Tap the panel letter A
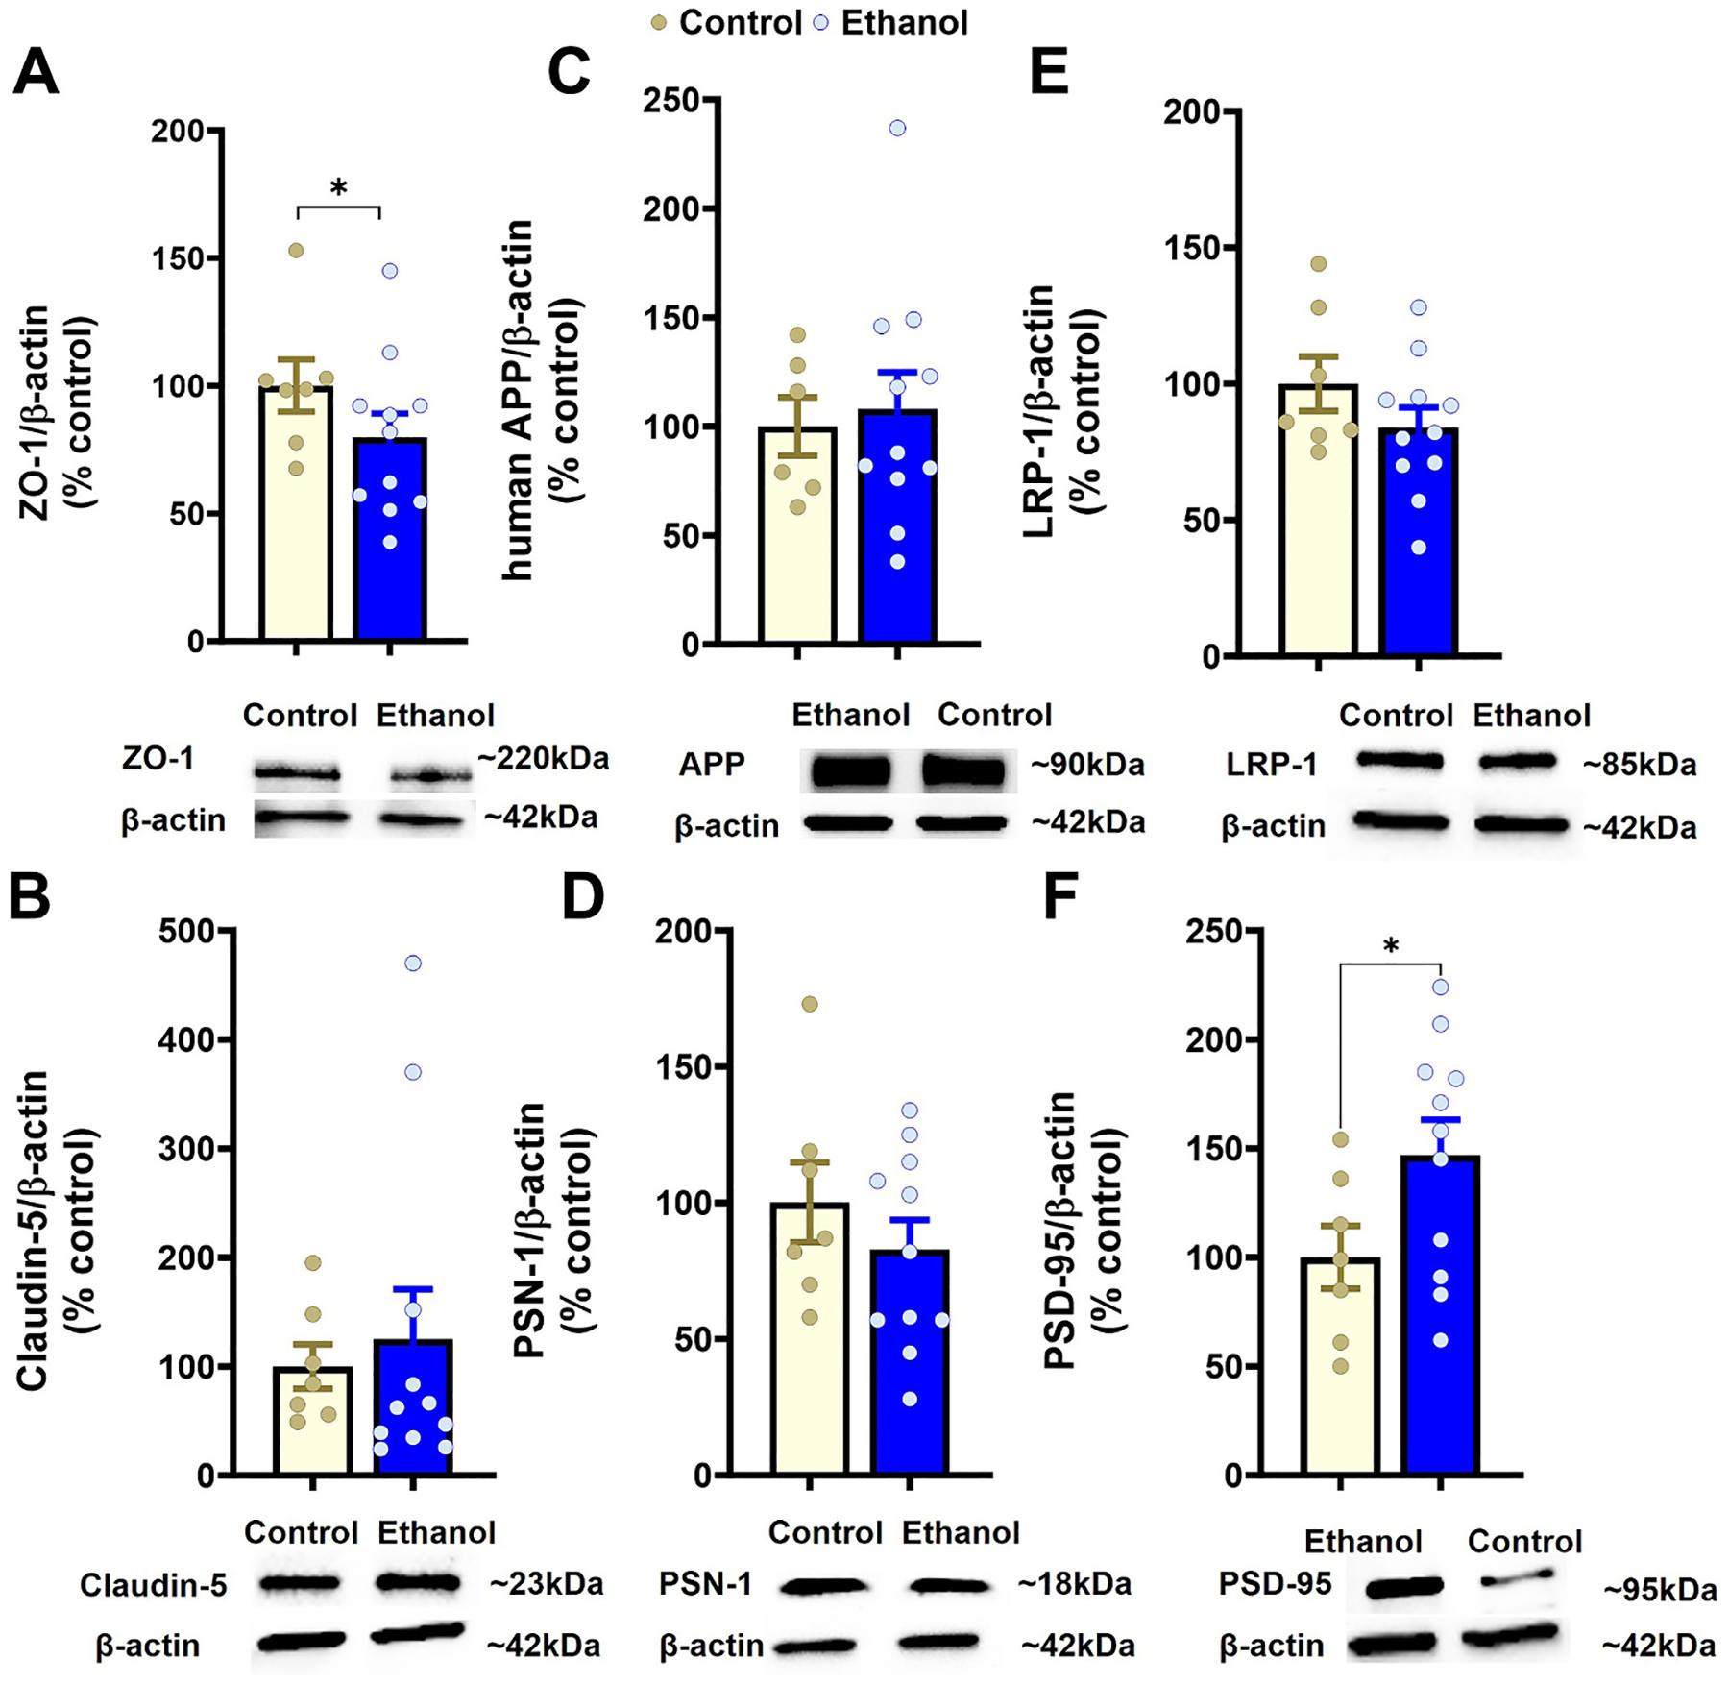[x=36, y=73]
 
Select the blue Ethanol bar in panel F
[x=1440, y=1315]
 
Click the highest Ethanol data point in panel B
[x=413, y=964]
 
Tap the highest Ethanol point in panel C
[x=897, y=128]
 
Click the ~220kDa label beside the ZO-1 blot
[x=543, y=759]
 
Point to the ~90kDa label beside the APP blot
[x=1087, y=766]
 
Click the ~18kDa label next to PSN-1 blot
[x=1075, y=1583]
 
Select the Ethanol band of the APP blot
[x=851, y=771]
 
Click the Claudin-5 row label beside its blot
[x=154, y=1585]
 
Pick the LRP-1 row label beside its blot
[x=1272, y=766]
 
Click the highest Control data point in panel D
[x=810, y=1004]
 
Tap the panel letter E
[x=1050, y=73]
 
